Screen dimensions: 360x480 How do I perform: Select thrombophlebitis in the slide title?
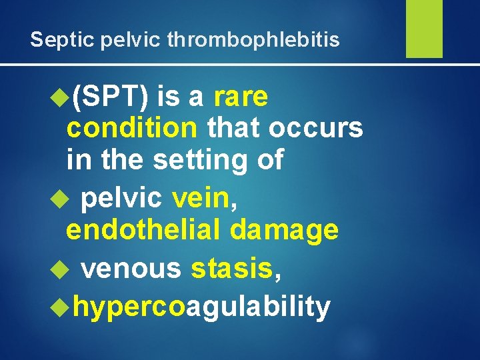[x=253, y=40]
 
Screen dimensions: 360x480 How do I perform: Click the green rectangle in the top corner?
[x=424, y=29]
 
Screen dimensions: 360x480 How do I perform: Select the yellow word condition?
[x=132, y=127]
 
